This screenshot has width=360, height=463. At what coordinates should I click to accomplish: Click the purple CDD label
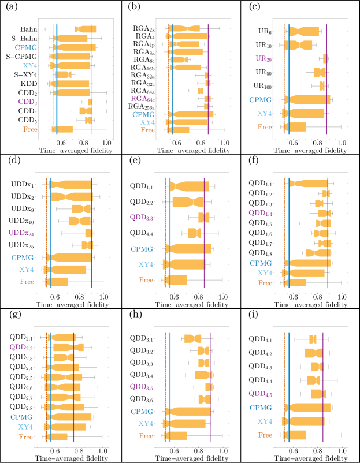(27, 102)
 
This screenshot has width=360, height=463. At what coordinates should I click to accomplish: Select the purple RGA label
(142, 99)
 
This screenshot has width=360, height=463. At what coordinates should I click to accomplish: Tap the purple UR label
(263, 58)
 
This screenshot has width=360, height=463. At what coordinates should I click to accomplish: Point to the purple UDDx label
(21, 233)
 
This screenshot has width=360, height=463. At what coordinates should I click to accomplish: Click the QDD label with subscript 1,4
(260, 213)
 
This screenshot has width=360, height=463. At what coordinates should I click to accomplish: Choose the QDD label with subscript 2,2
(21, 348)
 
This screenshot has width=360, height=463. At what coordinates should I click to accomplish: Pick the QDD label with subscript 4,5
(260, 394)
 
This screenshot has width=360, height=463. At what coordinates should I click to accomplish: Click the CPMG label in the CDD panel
(26, 47)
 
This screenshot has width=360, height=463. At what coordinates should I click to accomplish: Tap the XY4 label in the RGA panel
(147, 122)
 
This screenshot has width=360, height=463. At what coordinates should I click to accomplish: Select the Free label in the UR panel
(265, 127)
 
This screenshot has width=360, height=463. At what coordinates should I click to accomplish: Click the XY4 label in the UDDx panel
(27, 270)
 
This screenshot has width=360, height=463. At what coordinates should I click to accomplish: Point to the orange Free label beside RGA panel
(147, 130)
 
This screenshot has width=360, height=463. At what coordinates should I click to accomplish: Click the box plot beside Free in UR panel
(295, 127)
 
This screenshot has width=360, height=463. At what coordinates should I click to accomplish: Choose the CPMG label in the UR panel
(260, 100)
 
